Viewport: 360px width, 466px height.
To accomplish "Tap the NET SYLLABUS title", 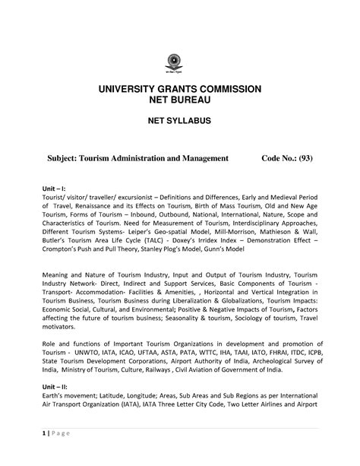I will tap(180, 124).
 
